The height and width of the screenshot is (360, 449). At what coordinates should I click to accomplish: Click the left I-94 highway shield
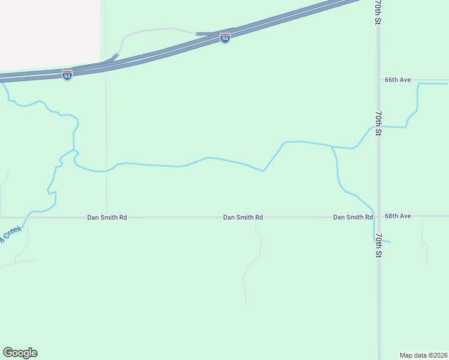pyautogui.click(x=67, y=75)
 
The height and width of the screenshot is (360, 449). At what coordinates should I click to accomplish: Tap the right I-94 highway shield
pyautogui.click(x=224, y=38)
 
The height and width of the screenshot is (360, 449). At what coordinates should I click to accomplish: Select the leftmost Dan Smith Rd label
pyautogui.click(x=107, y=217)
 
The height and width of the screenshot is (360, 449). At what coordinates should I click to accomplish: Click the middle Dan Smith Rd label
pyautogui.click(x=243, y=217)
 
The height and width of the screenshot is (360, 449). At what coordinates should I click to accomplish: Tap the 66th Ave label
pyautogui.click(x=397, y=80)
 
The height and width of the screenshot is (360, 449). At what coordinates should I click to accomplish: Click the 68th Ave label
pyautogui.click(x=397, y=216)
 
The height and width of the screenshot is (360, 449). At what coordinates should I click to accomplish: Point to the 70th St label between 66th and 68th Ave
pyautogui.click(x=378, y=122)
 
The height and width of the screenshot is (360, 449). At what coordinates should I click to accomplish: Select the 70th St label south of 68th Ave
pyautogui.click(x=378, y=245)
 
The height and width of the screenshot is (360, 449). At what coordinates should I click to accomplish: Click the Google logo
pyautogui.click(x=20, y=353)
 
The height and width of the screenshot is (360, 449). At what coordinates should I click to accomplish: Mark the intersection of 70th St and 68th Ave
pyautogui.click(x=378, y=216)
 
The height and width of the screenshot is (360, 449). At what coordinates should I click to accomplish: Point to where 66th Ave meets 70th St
pyautogui.click(x=378, y=80)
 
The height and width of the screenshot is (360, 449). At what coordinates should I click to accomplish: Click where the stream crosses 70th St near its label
pyautogui.click(x=378, y=127)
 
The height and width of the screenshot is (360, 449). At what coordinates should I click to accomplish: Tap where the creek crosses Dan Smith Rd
pyautogui.click(x=27, y=217)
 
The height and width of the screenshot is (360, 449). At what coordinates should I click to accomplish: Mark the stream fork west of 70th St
pyautogui.click(x=331, y=146)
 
